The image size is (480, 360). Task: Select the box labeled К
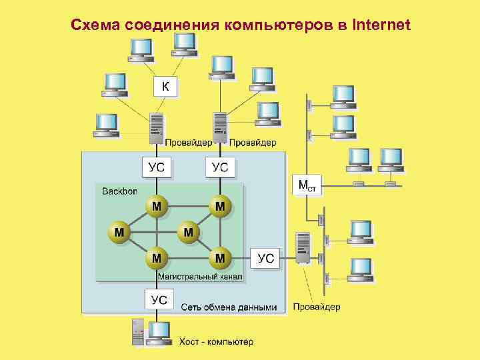pos(165,86)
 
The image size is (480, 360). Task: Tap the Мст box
pos(308,185)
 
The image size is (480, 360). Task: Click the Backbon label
pos(120,191)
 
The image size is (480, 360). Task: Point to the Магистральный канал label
pos(200,275)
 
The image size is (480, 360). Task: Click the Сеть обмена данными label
pos(229,307)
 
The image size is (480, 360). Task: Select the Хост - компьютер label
pos(216,342)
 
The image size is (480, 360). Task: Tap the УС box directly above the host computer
pos(159,299)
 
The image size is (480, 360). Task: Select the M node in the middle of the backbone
pos(189,232)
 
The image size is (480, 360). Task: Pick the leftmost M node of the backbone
pos(119,232)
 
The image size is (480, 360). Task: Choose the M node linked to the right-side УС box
pos(221,257)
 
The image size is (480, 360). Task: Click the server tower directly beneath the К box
pos(156,127)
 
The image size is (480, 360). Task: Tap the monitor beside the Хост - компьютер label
pos(159,331)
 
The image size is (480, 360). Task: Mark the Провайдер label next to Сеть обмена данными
pos(317,307)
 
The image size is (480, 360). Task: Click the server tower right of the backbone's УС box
pos(303,247)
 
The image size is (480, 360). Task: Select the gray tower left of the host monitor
pos(138,332)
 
